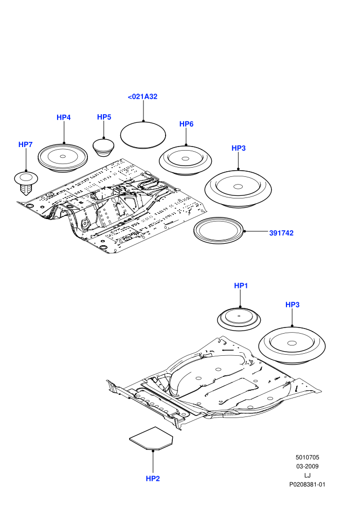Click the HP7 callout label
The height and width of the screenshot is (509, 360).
(25, 144)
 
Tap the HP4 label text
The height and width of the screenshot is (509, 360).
(64, 118)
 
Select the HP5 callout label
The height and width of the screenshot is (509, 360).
(104, 117)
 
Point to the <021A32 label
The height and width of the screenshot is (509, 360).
(142, 97)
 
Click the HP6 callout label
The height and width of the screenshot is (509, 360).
(186, 124)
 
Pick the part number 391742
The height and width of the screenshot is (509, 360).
(281, 233)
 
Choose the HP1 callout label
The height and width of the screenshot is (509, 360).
(241, 286)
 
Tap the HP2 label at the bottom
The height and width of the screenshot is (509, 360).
(153, 479)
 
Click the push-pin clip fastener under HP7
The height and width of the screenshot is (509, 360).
(26, 183)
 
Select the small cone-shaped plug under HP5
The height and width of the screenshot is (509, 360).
(103, 148)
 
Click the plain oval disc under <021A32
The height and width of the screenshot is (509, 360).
(143, 135)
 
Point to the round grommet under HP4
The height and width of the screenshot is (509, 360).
(63, 157)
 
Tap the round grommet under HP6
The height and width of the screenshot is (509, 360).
(185, 160)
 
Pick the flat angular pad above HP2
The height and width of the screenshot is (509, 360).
(151, 438)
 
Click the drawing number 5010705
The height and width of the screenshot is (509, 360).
(308, 458)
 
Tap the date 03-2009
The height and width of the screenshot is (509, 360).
(308, 466)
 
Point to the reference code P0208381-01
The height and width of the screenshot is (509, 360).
(308, 485)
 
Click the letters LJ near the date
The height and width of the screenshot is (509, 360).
(308, 476)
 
